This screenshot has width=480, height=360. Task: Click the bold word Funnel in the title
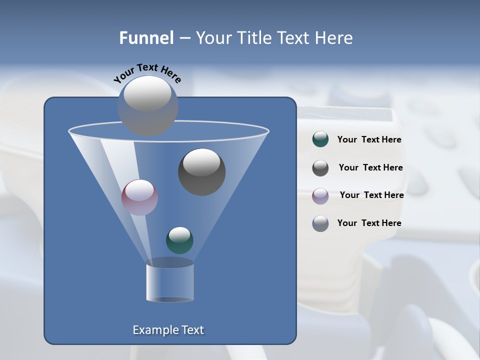coord(146,38)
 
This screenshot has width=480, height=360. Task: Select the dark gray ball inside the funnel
coord(201,172)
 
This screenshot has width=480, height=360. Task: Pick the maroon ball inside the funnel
coord(139,197)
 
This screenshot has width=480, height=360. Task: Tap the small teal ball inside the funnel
coord(179,240)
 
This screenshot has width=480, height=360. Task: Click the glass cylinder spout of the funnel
coord(169,283)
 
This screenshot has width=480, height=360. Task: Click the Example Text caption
coord(168,330)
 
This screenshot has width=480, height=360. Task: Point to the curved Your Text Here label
coord(147,73)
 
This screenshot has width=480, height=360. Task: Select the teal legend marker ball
coord(320,139)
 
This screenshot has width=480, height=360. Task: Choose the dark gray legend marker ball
coord(320,167)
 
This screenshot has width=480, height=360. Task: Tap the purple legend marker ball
coord(320,195)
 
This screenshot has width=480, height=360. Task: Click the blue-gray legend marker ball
coord(320,223)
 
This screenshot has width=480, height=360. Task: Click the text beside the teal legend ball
coord(369,140)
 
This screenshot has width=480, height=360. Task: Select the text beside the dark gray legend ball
coord(370,167)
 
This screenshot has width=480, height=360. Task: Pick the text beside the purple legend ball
coord(371,195)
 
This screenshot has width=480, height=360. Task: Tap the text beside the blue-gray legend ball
coord(369,223)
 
